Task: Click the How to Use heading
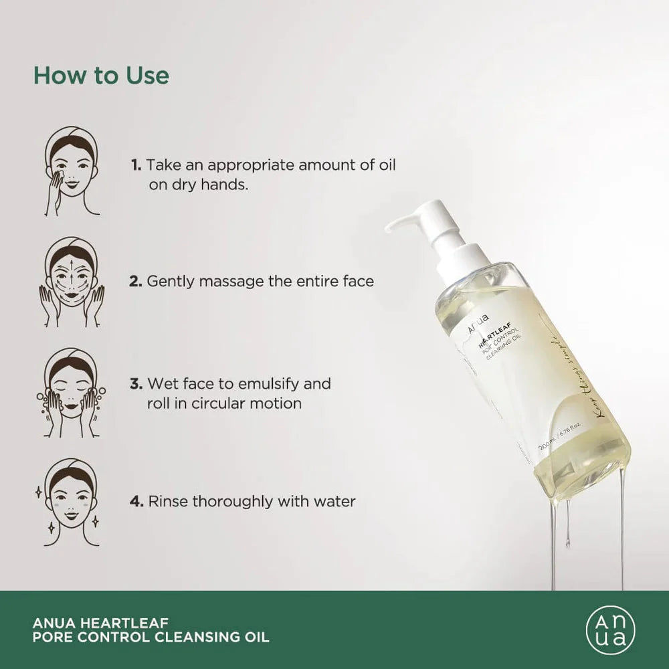[101, 75]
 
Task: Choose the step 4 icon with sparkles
[72, 502]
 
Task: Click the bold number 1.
[136, 165]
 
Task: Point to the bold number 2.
[136, 281]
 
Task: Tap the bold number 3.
[136, 384]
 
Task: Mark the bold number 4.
[136, 501]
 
